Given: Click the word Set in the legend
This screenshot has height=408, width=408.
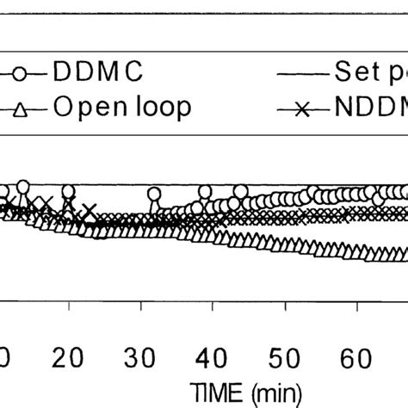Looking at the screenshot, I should tap(348, 71).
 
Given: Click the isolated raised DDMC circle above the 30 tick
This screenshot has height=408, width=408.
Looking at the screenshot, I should tap(153, 195).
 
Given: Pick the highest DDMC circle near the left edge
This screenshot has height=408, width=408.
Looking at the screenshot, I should tap(22, 187).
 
